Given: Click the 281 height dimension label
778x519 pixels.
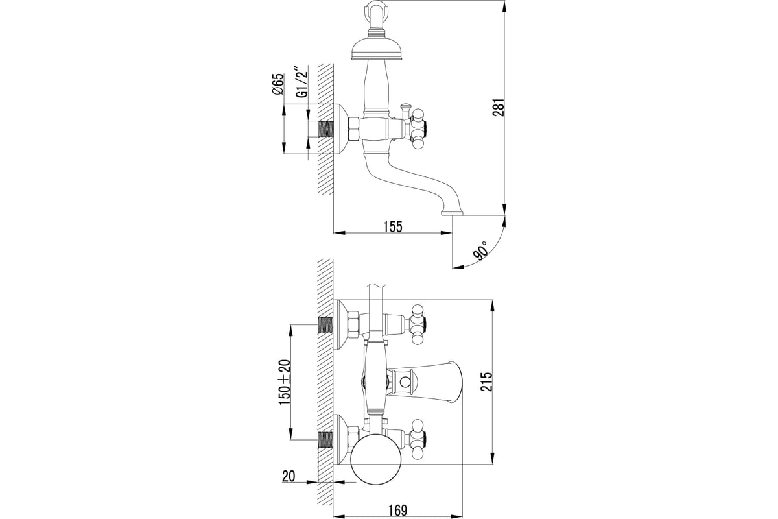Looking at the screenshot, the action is pos(499,108).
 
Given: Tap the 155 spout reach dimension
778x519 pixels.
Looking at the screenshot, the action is pos(393,226).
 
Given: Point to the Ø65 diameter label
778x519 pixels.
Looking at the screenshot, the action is pos(278,84).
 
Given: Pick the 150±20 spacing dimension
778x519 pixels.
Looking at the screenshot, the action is pos(285,381).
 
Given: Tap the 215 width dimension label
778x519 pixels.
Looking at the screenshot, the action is pos(487,381).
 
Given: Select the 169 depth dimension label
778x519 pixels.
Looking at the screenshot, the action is pos(397,511).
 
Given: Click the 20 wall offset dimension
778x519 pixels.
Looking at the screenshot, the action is pos(289,476).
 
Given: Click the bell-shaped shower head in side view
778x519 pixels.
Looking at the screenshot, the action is pos(376,51).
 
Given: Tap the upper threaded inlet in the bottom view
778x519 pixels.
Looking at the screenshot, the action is pos(325,324).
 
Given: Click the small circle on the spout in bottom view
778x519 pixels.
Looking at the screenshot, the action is pos(403,383).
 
